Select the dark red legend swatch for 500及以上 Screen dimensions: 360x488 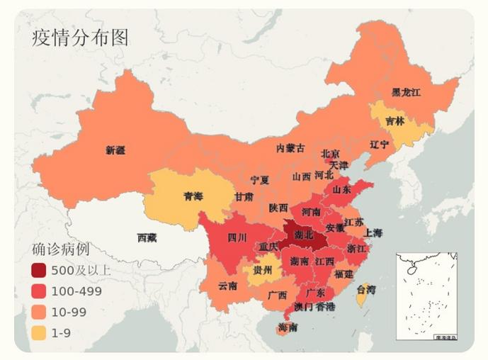[39, 270]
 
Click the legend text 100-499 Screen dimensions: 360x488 [76, 291]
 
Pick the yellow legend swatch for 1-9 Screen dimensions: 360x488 [39, 332]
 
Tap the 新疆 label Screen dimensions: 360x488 [115, 150]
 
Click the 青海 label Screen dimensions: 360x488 [193, 196]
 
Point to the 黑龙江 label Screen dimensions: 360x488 [407, 93]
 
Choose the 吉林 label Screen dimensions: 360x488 [395, 121]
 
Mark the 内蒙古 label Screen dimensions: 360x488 [290, 148]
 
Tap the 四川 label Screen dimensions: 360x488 [237, 238]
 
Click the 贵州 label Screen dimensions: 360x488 [263, 271]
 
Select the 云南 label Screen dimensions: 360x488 [227, 286]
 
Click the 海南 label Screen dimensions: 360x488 [288, 328]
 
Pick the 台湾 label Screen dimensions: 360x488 [365, 290]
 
